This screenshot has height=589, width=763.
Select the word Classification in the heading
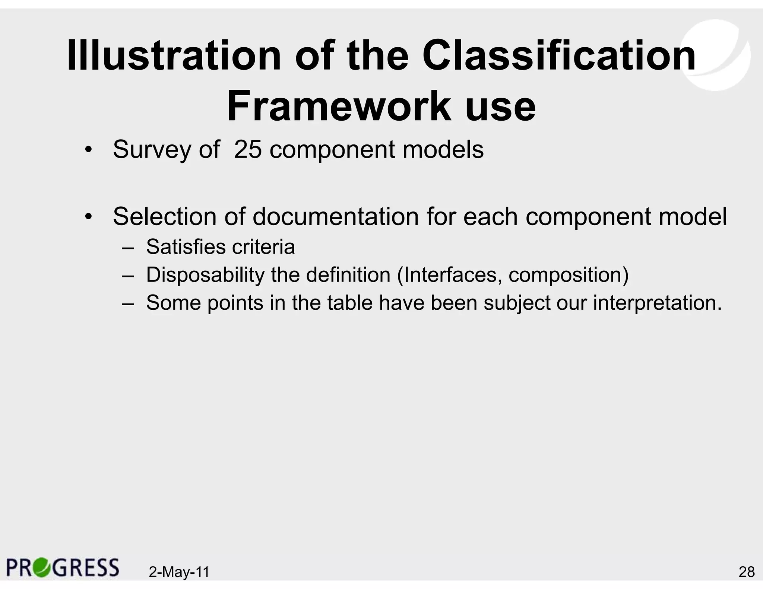point(559,56)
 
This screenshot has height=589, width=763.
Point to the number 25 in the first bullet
point(248,150)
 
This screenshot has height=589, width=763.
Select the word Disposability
point(205,275)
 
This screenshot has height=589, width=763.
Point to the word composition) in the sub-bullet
point(569,276)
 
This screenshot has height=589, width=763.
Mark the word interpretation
point(658,303)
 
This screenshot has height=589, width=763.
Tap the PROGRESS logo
point(63,567)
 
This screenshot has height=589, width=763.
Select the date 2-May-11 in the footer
point(179,572)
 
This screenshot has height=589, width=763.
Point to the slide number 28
point(746,572)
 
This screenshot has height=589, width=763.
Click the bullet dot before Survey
point(88,150)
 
